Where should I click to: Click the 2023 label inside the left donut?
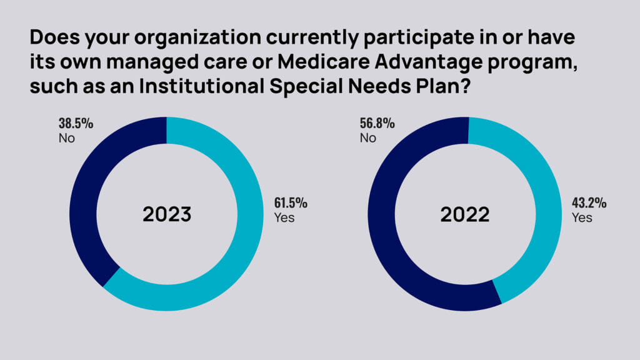click(166, 214)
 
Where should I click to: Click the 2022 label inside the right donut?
click(464, 214)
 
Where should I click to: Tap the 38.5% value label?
click(76, 123)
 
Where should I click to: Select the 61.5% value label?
click(291, 204)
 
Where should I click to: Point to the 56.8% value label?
click(377, 123)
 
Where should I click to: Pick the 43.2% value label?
click(589, 204)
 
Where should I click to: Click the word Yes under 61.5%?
click(284, 219)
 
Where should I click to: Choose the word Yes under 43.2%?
click(582, 219)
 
